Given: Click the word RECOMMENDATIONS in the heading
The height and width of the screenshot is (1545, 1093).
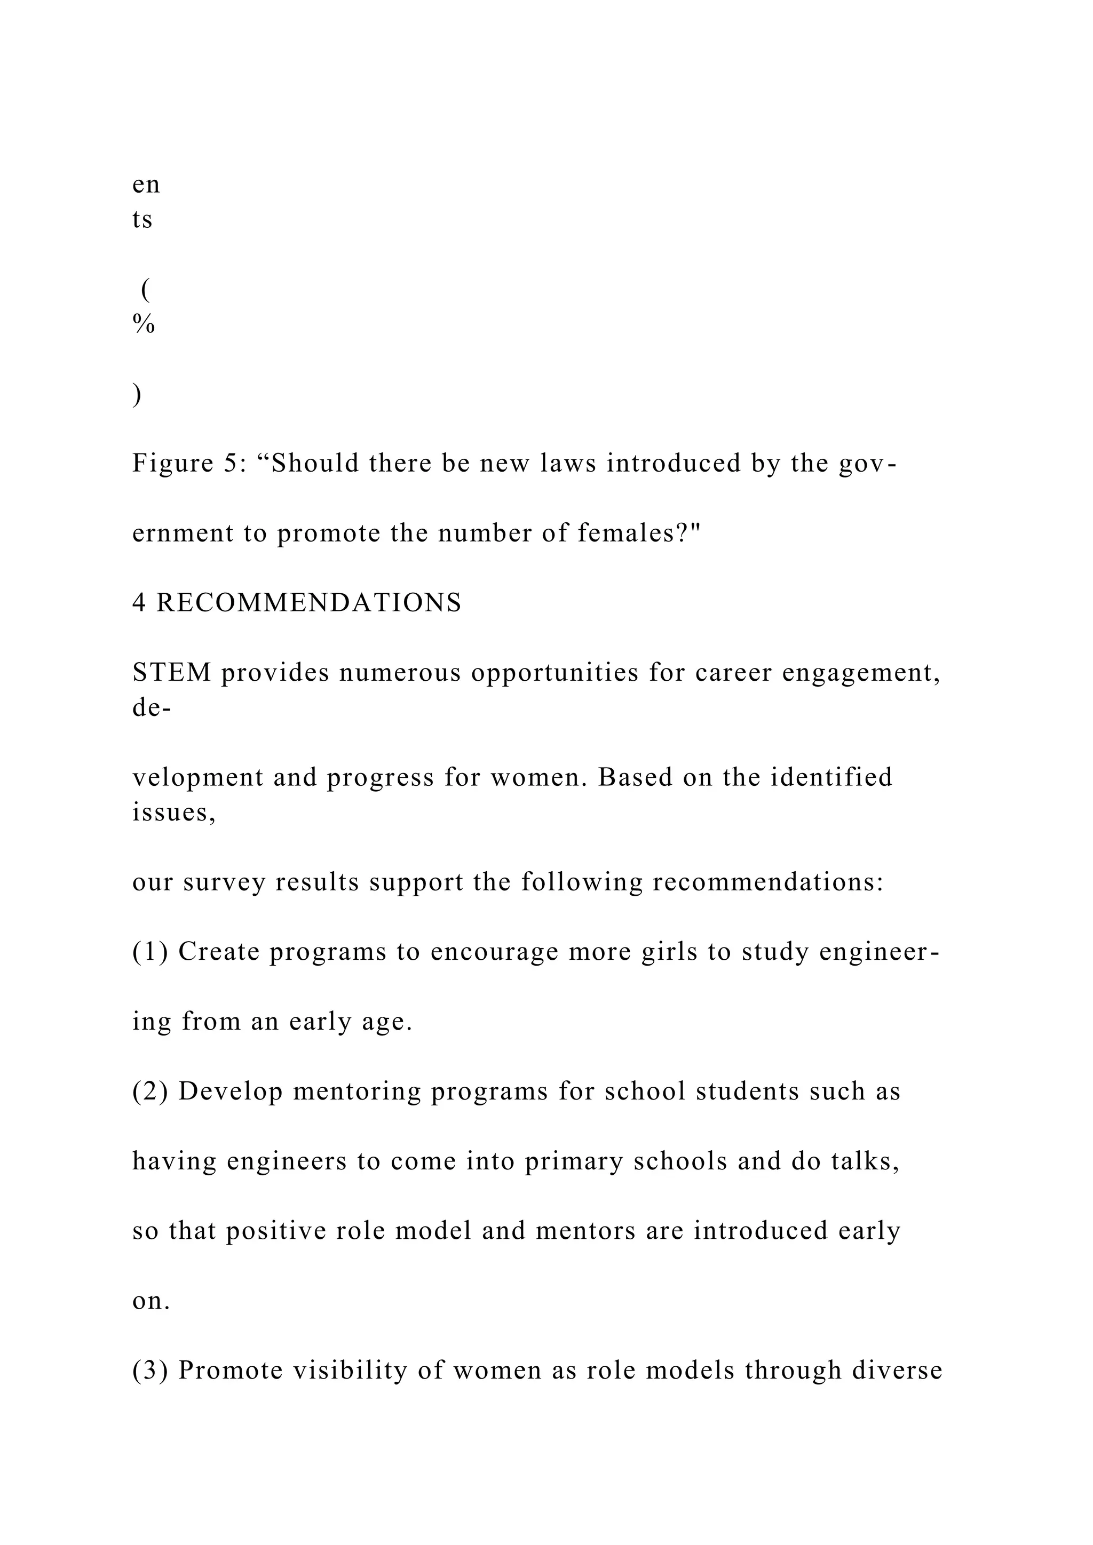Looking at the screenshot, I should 309,603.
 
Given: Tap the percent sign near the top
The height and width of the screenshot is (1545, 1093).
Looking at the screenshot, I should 144,325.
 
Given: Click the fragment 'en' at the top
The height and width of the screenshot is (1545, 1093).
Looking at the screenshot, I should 146,185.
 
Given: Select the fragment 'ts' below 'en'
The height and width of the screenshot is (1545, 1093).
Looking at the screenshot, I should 142,220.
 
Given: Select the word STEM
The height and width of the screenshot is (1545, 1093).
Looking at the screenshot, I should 172,673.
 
